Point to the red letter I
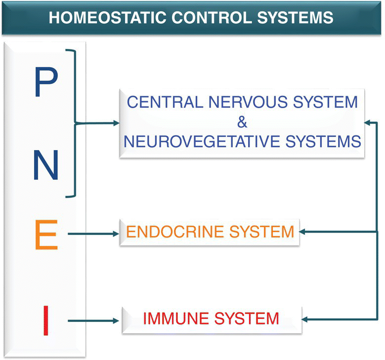click(x=46, y=321)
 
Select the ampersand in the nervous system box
click(x=241, y=122)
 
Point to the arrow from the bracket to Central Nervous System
click(x=99, y=123)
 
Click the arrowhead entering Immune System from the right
click(x=306, y=320)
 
